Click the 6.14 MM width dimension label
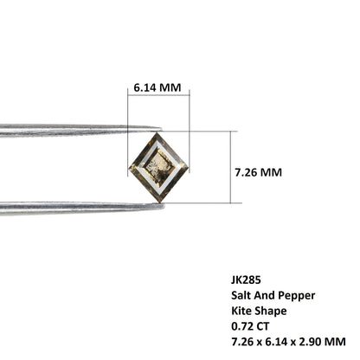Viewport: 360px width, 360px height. pyautogui.click(x=157, y=87)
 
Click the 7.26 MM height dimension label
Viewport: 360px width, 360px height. pyautogui.click(x=258, y=172)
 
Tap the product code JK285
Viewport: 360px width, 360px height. pyautogui.click(x=246, y=280)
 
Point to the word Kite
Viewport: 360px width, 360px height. pyautogui.click(x=241, y=311)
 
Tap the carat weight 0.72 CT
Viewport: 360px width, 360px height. pyautogui.click(x=250, y=326)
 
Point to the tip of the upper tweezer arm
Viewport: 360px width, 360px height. pyautogui.click(x=161, y=129)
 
